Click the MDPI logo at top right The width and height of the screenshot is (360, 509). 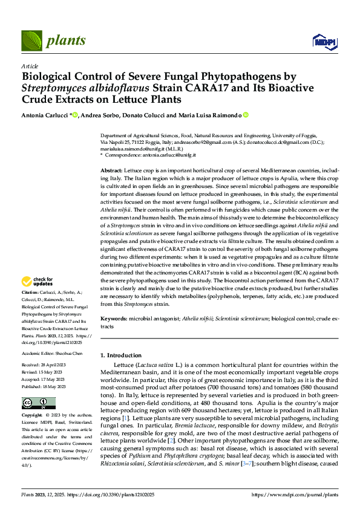[x=321, y=41]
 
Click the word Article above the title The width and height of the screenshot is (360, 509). [x=30, y=65]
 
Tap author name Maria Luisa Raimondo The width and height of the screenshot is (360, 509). [x=214, y=115]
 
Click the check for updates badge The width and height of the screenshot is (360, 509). [x=37, y=281]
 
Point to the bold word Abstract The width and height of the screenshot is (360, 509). [x=111, y=172]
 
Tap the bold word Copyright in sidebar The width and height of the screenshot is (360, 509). [x=33, y=416]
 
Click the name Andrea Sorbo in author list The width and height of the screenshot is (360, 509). [x=100, y=115]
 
